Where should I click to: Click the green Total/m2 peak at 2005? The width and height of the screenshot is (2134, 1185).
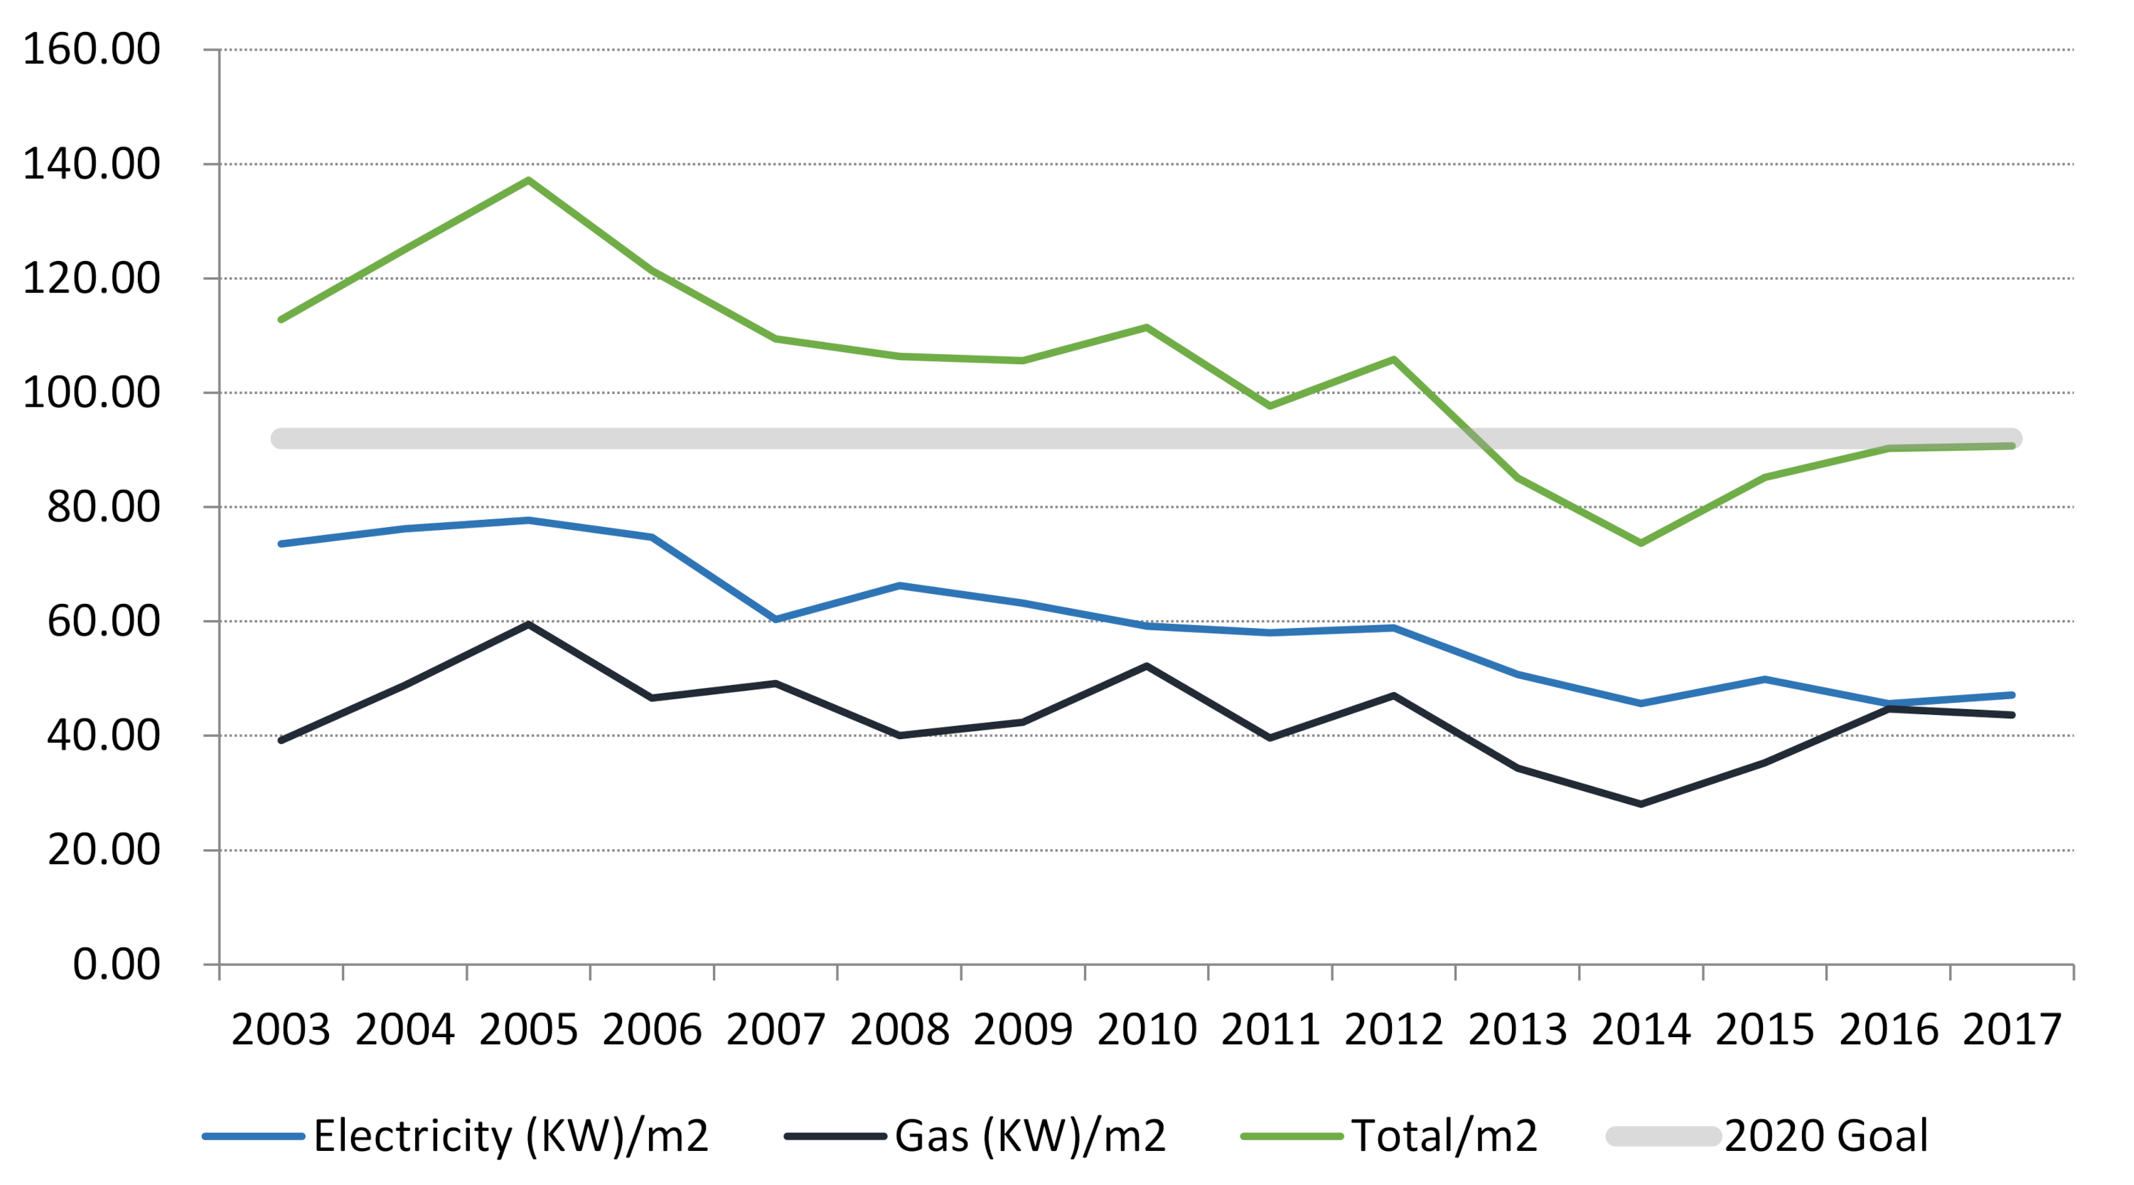(x=529, y=180)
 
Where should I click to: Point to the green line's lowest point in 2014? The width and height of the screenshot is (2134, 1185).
(x=1641, y=543)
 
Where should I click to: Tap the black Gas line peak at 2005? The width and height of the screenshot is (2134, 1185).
(x=529, y=624)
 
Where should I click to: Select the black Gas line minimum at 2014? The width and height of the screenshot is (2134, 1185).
(x=1641, y=804)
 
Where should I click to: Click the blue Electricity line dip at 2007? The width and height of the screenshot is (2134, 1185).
(x=776, y=619)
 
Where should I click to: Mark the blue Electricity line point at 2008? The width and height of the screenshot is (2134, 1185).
(x=900, y=586)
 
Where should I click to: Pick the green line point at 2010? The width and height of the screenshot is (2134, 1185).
(x=1147, y=327)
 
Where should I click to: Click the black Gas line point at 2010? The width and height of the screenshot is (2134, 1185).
(x=1147, y=666)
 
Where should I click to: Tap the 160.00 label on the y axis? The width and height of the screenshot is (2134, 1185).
(x=91, y=49)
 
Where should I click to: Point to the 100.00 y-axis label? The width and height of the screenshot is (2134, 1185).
(x=91, y=392)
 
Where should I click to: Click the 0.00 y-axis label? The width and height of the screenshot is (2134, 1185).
(x=116, y=964)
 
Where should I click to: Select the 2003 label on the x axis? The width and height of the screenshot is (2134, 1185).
(x=281, y=1030)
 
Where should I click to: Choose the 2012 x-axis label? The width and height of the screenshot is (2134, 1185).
(x=1393, y=1030)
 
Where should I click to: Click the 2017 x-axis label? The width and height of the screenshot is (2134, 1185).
(x=2012, y=1030)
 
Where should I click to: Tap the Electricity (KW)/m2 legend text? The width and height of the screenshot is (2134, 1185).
(x=511, y=1135)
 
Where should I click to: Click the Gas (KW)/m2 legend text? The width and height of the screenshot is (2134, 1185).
(x=1031, y=1135)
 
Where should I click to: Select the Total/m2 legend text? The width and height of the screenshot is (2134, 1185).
(x=1444, y=1135)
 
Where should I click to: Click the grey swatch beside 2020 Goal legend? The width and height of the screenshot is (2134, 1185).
(x=1663, y=1136)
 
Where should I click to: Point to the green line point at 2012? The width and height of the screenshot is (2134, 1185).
(x=1394, y=358)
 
